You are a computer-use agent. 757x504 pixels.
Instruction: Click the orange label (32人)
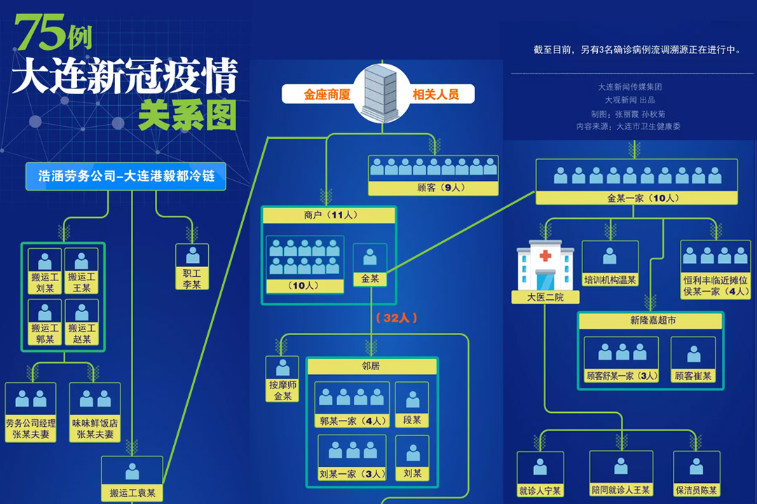coord(397,318)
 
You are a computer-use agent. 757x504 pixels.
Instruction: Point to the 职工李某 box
coord(192,267)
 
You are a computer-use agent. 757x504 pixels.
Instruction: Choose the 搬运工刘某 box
coord(45,271)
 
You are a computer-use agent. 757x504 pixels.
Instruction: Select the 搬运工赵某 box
coord(82,322)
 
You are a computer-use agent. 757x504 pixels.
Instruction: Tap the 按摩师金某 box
coord(282,379)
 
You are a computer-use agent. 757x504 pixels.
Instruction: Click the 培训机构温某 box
coord(610,264)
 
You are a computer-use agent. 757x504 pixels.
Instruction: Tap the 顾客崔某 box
coord(693,360)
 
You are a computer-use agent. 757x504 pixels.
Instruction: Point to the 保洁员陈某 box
coord(697,475)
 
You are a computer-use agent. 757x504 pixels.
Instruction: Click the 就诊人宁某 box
coord(540,475)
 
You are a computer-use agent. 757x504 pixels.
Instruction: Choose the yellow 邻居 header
coord(371,366)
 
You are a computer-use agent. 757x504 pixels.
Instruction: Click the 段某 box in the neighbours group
coord(412,404)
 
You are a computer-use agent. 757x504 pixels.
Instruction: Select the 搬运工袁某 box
coord(132,479)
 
